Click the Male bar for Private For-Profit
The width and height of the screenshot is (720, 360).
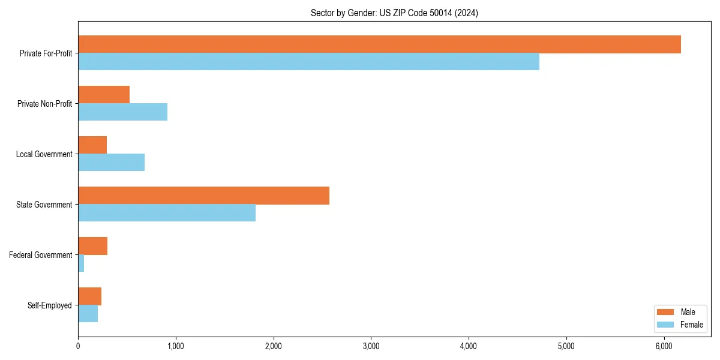tap(379, 44)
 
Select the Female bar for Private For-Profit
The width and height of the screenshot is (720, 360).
tap(308, 62)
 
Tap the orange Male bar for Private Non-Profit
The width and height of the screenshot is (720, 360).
tap(104, 95)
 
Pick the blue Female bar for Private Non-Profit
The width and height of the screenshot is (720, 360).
tap(122, 112)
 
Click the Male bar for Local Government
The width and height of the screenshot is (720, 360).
tap(92, 145)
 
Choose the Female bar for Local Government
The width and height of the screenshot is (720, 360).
tap(111, 163)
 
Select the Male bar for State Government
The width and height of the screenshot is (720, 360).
tap(203, 196)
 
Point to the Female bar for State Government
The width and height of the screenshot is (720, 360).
tap(167, 213)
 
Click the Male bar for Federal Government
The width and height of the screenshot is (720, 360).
tap(92, 246)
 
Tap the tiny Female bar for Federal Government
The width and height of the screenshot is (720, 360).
tap(81, 263)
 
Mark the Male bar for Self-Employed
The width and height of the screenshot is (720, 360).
tap(89, 296)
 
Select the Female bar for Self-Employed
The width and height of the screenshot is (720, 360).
tap(88, 314)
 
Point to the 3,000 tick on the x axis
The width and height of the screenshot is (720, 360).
tap(371, 346)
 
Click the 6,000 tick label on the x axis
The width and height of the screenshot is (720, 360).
tap(664, 346)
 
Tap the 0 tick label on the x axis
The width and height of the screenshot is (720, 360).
tap(78, 346)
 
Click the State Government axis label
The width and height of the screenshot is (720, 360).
tap(44, 205)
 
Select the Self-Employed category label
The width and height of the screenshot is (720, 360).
tap(49, 305)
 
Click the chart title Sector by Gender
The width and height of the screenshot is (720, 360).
tap(394, 13)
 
